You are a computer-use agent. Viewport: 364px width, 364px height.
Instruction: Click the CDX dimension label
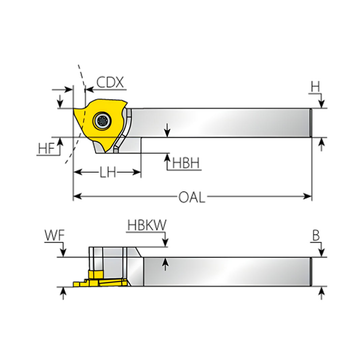tap(110, 82)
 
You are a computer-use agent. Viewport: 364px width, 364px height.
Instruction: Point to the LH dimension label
tap(108, 173)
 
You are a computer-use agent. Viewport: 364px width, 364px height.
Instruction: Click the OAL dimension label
tap(192, 197)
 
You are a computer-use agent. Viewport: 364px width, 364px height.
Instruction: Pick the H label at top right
tap(315, 88)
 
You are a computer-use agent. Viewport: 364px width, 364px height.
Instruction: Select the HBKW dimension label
tap(147, 225)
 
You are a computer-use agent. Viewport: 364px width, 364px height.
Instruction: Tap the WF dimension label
tap(54, 236)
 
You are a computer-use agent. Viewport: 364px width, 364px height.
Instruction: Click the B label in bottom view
tap(316, 236)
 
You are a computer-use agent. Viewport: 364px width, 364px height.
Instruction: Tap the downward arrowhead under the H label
tap(322, 104)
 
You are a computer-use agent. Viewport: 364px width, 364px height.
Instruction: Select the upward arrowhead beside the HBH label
tap(167, 157)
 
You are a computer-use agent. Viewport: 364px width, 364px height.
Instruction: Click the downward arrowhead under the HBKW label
tap(165, 243)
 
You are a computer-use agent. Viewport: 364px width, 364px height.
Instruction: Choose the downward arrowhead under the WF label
tap(63, 253)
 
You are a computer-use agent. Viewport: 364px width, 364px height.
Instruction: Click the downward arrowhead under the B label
tap(322, 253)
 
